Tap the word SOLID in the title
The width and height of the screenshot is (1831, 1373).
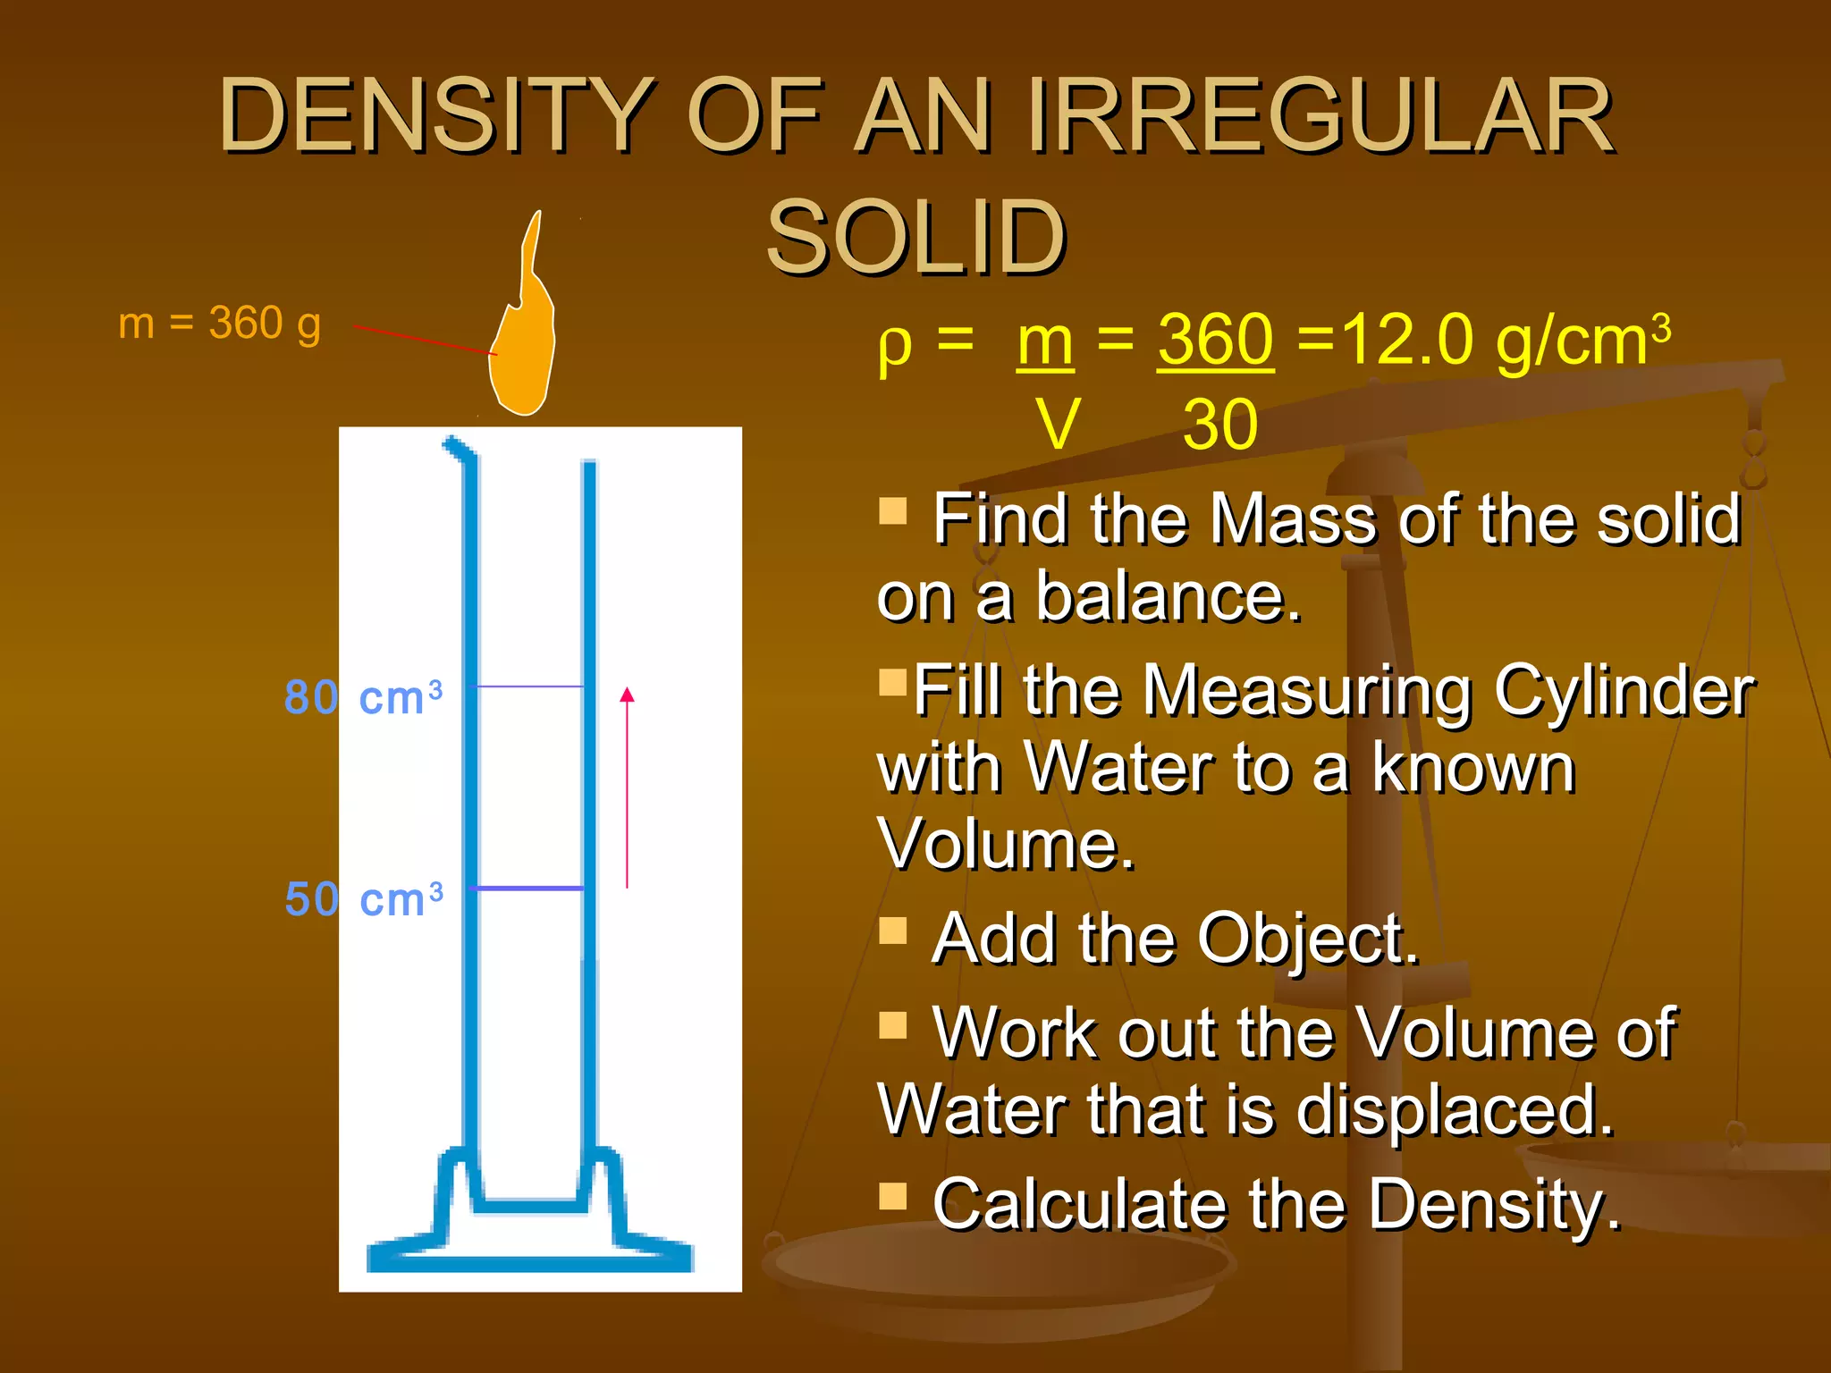point(915,237)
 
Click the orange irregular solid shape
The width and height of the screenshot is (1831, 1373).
point(522,353)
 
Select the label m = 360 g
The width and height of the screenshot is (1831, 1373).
point(219,323)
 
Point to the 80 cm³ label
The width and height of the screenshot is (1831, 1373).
point(363,696)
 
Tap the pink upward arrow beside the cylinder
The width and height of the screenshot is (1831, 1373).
point(627,787)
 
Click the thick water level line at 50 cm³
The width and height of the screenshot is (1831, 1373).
point(527,889)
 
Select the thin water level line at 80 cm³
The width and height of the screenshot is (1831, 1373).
point(527,686)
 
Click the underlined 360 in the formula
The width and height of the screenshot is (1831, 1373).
point(1215,341)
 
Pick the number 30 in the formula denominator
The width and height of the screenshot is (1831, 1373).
point(1220,425)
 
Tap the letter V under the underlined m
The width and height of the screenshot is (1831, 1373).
point(1059,425)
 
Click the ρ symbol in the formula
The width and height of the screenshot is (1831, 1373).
point(895,344)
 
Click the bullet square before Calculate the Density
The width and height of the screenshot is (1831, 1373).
point(892,1195)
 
